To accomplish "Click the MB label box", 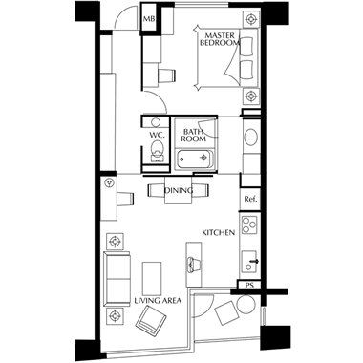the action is coord(148,18).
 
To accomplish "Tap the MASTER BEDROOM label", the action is coord(220,39).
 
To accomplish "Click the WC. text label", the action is coord(157,135).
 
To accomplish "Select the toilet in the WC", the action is coord(157,151).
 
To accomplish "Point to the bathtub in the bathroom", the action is coord(195,160).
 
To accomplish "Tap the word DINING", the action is coord(179,191).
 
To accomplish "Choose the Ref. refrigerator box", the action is coord(250,200).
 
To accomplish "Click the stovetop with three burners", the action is coord(249,224).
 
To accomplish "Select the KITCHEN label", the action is coord(219,233).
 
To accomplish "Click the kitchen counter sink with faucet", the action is coord(249,261).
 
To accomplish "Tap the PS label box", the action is coord(250,286).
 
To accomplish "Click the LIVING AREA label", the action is coord(158,300).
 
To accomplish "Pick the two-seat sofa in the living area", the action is coord(117,278).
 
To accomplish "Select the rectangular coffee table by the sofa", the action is coord(152,278).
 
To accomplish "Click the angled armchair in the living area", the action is coord(151,320).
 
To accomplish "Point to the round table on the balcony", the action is coord(246,304).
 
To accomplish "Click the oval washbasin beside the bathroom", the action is coord(251,138).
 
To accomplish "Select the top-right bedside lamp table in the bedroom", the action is coord(251,19).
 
